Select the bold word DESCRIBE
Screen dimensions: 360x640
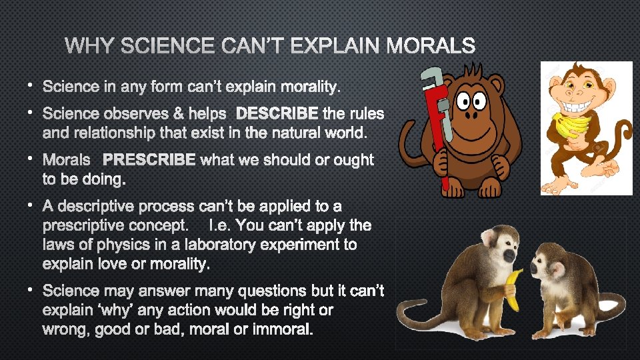[x=277, y=113]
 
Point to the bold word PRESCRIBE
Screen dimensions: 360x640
[x=149, y=160]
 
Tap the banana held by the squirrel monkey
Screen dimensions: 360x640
[x=514, y=290]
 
